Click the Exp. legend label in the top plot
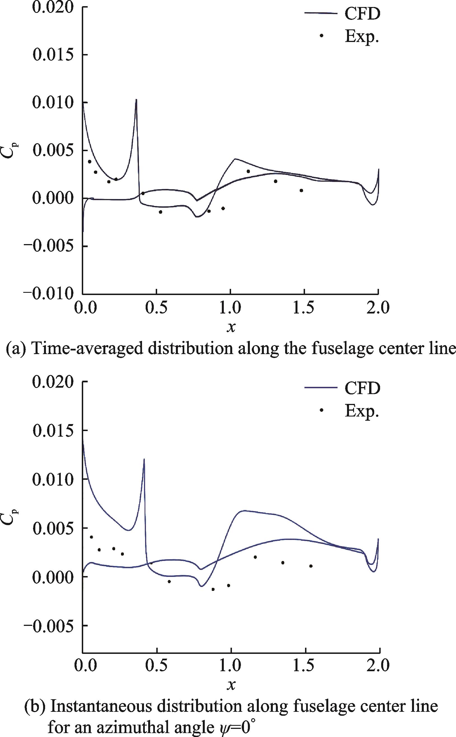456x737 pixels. tap(362, 36)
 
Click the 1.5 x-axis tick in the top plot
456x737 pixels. tap(304, 308)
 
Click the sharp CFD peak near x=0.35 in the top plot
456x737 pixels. tap(136, 99)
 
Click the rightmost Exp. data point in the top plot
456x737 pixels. tap(301, 190)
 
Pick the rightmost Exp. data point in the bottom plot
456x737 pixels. tap(311, 566)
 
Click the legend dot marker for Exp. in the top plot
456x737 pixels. tap(322, 36)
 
